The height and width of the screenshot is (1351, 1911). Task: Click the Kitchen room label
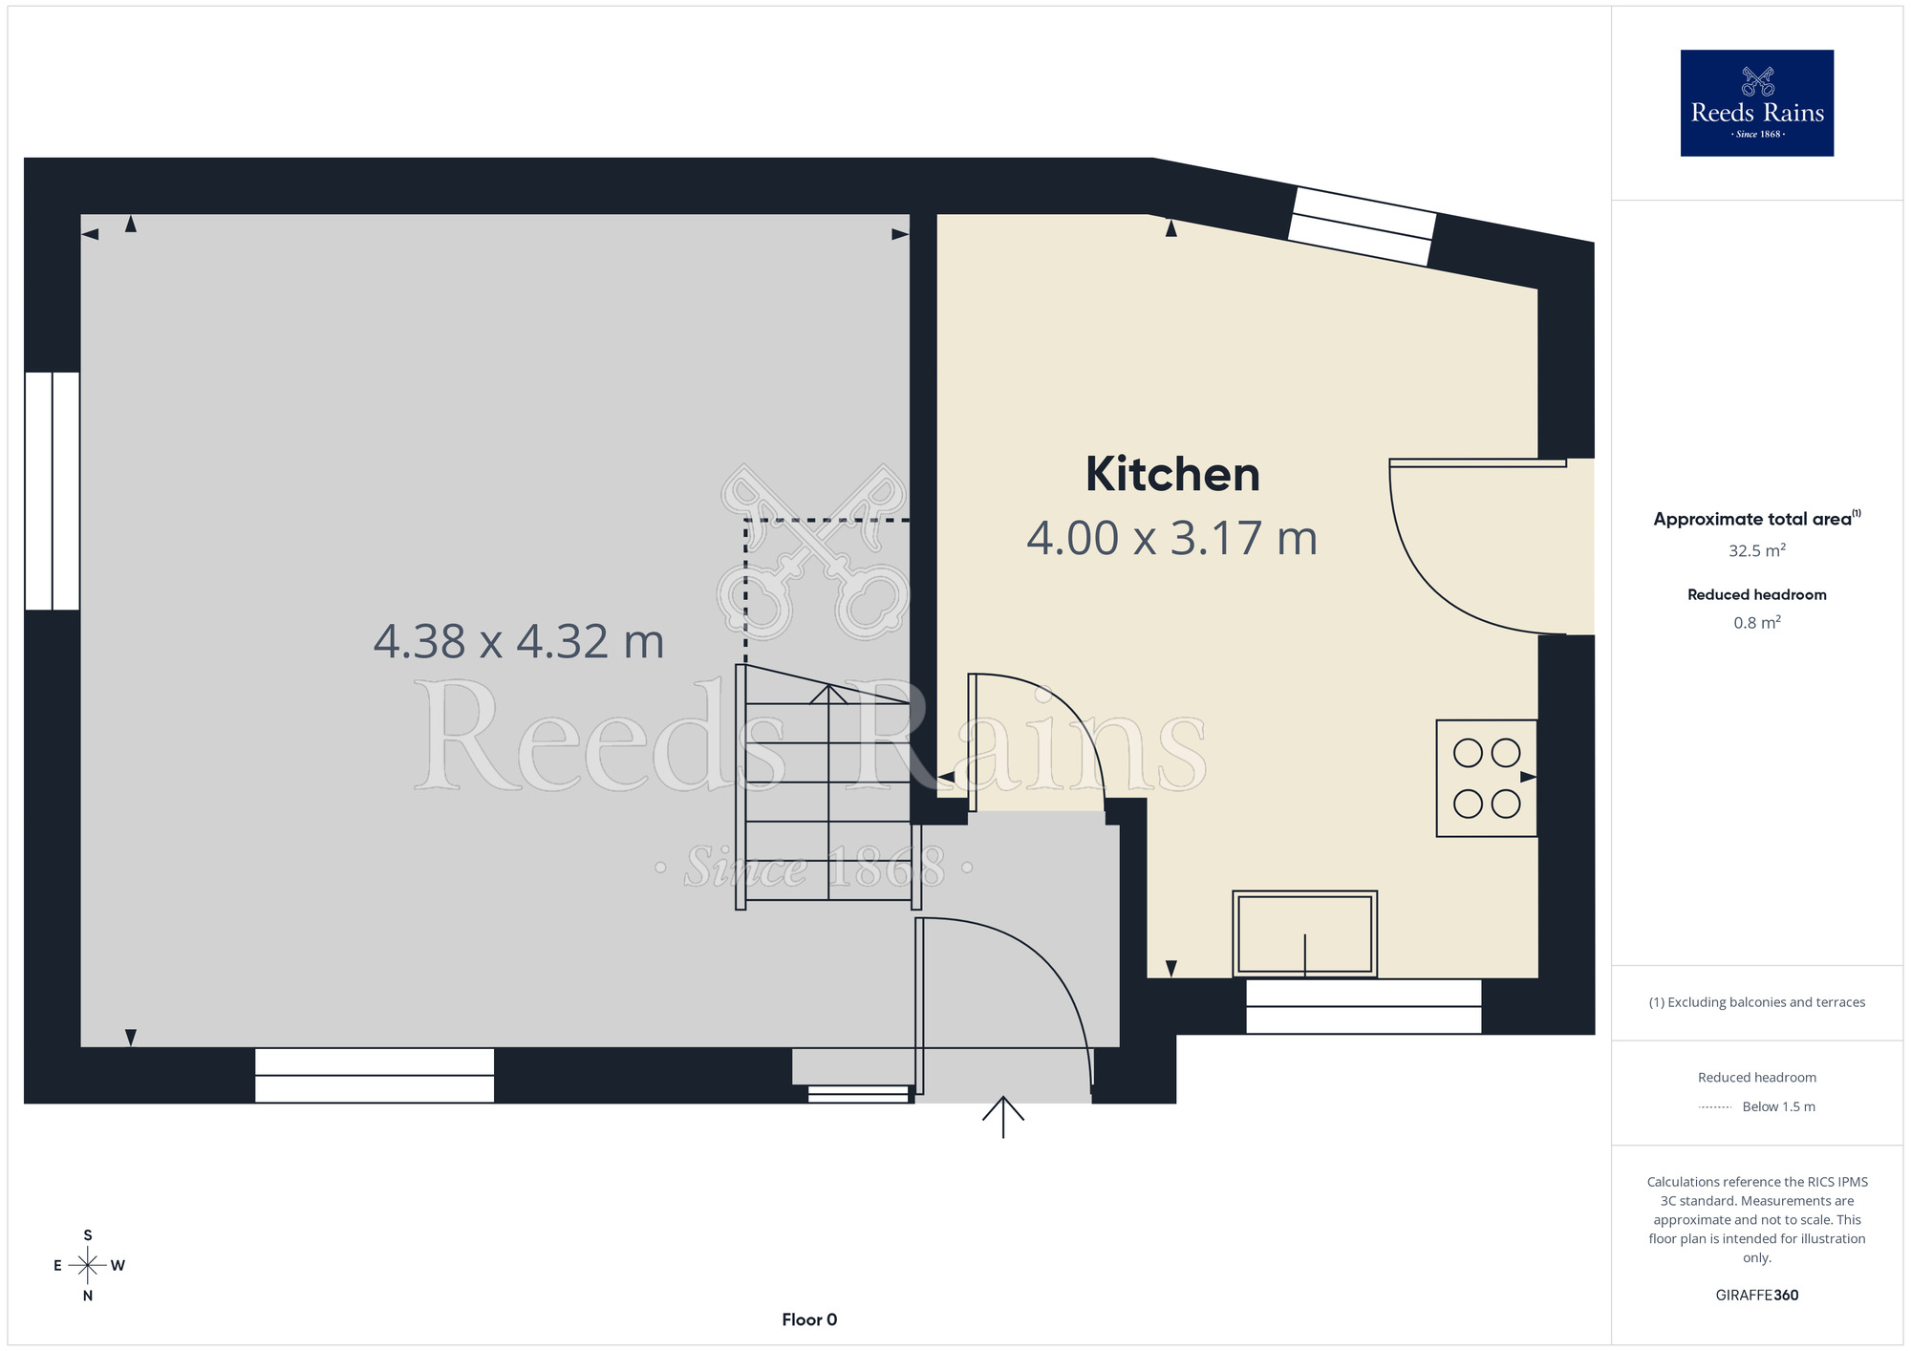[1172, 474]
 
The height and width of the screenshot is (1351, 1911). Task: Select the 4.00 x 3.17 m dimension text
[1172, 538]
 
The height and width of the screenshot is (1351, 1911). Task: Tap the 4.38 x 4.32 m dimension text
[519, 641]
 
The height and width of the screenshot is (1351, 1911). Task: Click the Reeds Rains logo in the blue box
[1757, 103]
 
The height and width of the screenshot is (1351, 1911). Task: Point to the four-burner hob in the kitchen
[1487, 779]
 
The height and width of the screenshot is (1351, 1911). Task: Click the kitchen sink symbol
[1304, 933]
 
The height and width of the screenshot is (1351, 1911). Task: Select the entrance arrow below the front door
[1003, 1117]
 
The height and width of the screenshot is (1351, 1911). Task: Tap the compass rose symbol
[88, 1266]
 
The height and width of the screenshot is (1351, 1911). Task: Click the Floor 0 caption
[809, 1319]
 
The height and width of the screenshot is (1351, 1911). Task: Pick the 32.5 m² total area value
[1757, 550]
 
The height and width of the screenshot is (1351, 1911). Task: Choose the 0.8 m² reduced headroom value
[1757, 623]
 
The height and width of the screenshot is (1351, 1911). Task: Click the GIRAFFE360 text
[1757, 1296]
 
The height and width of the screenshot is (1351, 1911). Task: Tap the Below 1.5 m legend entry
[1778, 1106]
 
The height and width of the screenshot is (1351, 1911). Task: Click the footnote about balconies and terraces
[1757, 1002]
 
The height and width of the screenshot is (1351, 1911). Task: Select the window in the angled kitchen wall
[1362, 226]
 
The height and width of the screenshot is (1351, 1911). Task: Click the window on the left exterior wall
[52, 490]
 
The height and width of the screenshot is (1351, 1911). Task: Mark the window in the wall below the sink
[1363, 1006]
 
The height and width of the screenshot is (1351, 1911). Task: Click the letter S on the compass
[88, 1235]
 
